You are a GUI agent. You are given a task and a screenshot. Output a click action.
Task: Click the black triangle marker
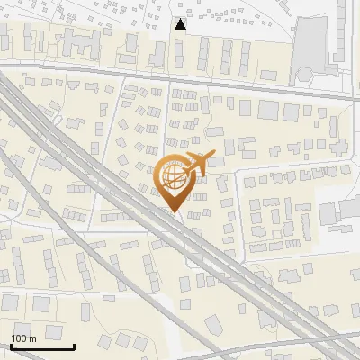click(x=181, y=24)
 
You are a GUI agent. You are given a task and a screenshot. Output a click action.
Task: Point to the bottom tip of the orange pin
click(x=174, y=212)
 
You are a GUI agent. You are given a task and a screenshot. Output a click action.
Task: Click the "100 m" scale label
click(x=23, y=338)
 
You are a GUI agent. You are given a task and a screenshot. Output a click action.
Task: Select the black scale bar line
click(x=41, y=346)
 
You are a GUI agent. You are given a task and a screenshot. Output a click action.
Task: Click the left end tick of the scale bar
click(x=11, y=345)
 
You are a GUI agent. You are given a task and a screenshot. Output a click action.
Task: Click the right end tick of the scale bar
click(x=73, y=345)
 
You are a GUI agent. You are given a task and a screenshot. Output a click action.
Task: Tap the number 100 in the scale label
click(x=19, y=338)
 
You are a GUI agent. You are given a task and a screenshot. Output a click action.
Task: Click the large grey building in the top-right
click(x=311, y=45)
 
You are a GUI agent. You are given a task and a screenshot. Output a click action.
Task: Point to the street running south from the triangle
click(x=169, y=117)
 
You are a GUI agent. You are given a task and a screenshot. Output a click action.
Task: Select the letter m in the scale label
click(x=32, y=338)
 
